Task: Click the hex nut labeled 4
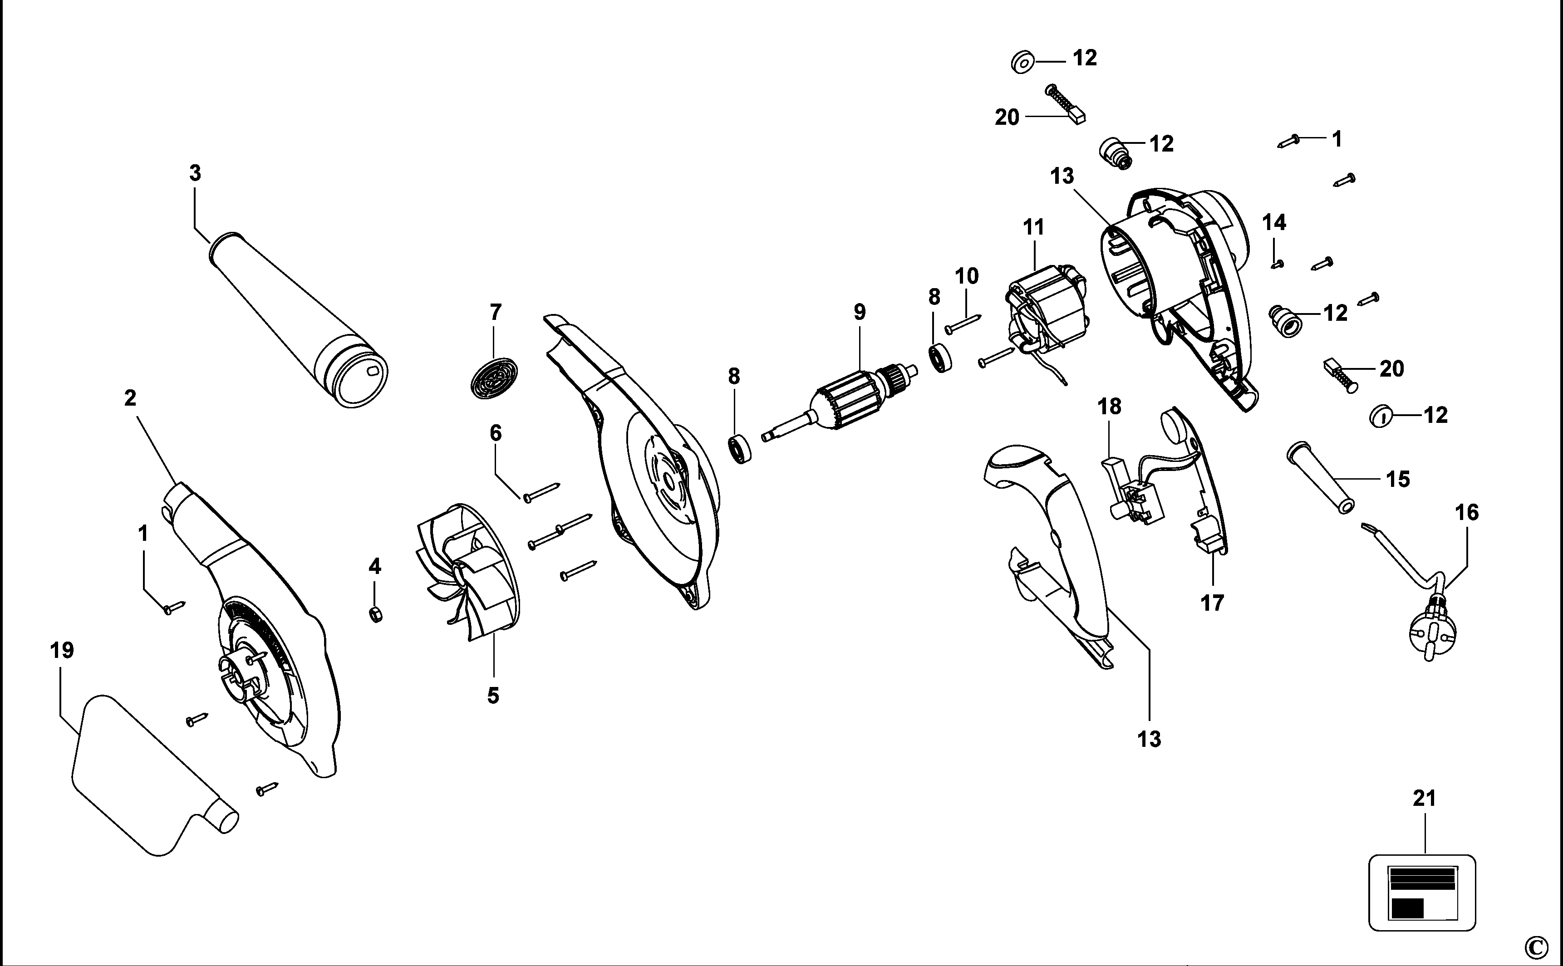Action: (x=376, y=615)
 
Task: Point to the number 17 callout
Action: (x=1212, y=603)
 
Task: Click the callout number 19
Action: (x=62, y=650)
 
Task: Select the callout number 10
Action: (x=967, y=276)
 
